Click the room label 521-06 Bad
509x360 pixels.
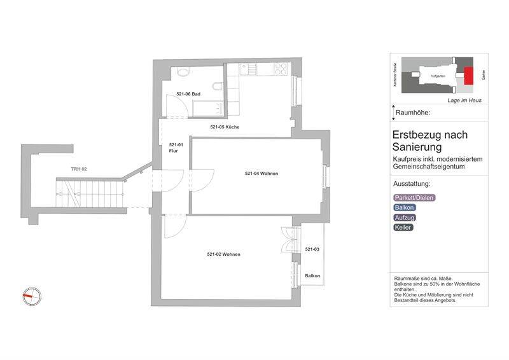(x=188, y=94)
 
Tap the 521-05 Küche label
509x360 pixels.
(x=225, y=127)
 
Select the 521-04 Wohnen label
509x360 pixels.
(x=261, y=174)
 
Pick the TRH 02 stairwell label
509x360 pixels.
(x=79, y=169)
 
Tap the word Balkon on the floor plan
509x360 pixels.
(x=312, y=275)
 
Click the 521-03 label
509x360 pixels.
(x=312, y=249)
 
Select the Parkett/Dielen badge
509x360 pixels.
(x=415, y=197)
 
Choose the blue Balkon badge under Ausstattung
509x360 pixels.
(x=405, y=207)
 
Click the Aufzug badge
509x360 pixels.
(x=405, y=218)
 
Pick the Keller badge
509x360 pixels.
(x=403, y=227)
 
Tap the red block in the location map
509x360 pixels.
(x=470, y=76)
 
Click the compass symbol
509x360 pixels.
(x=32, y=295)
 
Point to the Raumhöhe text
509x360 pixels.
(x=413, y=113)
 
